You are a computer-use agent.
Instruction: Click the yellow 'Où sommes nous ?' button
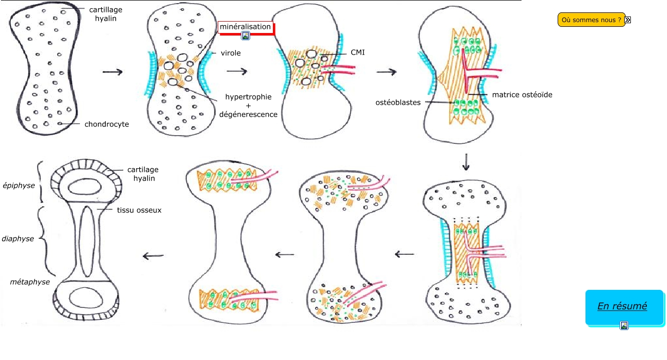point(591,20)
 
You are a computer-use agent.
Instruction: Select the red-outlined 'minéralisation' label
point(245,26)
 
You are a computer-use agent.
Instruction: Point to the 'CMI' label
point(357,52)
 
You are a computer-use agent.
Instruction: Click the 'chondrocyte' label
point(107,124)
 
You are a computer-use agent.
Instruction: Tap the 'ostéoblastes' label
point(398,102)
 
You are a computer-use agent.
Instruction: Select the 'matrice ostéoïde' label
point(522,94)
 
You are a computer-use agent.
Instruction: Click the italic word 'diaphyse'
point(18,239)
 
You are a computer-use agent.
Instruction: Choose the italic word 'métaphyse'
point(30,282)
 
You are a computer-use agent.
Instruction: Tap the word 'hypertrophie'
point(248,97)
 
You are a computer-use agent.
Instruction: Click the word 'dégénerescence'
point(248,114)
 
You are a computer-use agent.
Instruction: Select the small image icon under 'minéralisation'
point(246,36)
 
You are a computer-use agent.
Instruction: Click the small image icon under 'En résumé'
point(624,325)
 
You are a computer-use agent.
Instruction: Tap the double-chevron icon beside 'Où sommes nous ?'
point(628,20)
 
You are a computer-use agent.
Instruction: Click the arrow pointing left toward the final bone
point(153,256)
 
